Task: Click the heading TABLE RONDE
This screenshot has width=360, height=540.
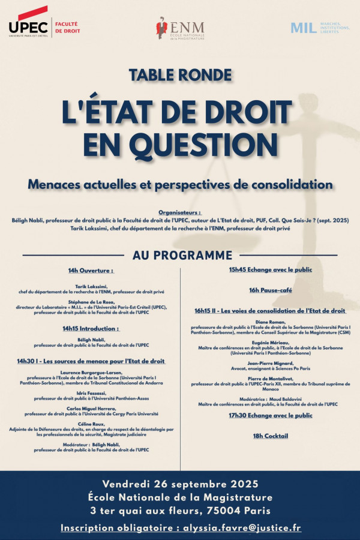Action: tap(180, 75)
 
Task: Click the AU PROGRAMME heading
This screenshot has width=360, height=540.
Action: tap(182, 255)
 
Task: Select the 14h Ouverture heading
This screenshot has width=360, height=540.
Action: tap(91, 271)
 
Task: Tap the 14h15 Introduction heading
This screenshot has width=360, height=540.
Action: tap(91, 328)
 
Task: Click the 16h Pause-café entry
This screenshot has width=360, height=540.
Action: tap(271, 290)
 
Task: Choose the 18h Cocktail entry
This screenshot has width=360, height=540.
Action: tap(271, 436)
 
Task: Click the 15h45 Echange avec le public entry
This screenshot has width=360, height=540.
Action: tap(271, 269)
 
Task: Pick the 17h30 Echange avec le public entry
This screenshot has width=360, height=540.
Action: tap(271, 415)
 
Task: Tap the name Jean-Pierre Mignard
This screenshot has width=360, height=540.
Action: tap(271, 364)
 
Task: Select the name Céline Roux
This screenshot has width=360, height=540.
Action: tap(91, 424)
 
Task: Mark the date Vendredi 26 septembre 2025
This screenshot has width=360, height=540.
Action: tap(180, 484)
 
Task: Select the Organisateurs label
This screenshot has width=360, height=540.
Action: tap(180, 212)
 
